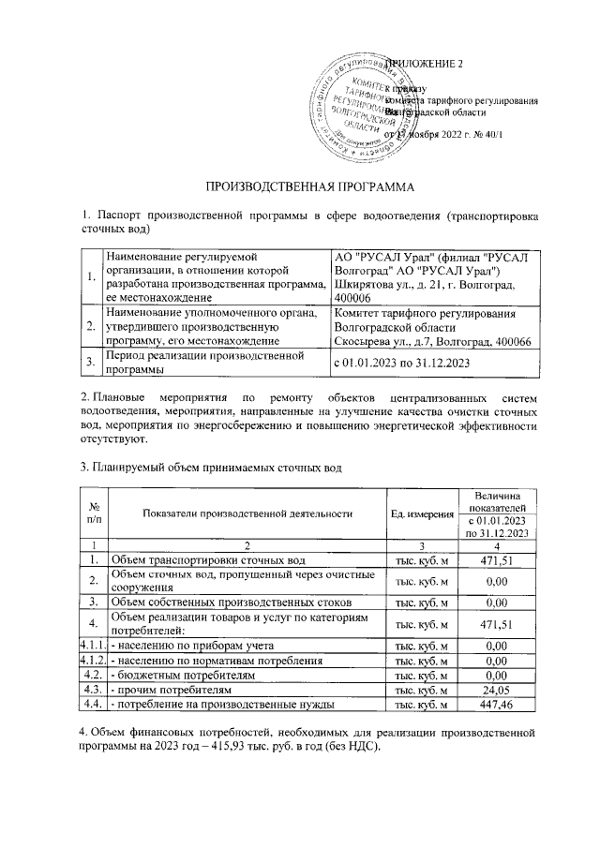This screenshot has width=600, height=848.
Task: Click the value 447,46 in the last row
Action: click(x=493, y=703)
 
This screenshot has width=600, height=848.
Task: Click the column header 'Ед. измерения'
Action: click(x=418, y=513)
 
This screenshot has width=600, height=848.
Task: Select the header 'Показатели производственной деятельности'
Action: click(x=247, y=513)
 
